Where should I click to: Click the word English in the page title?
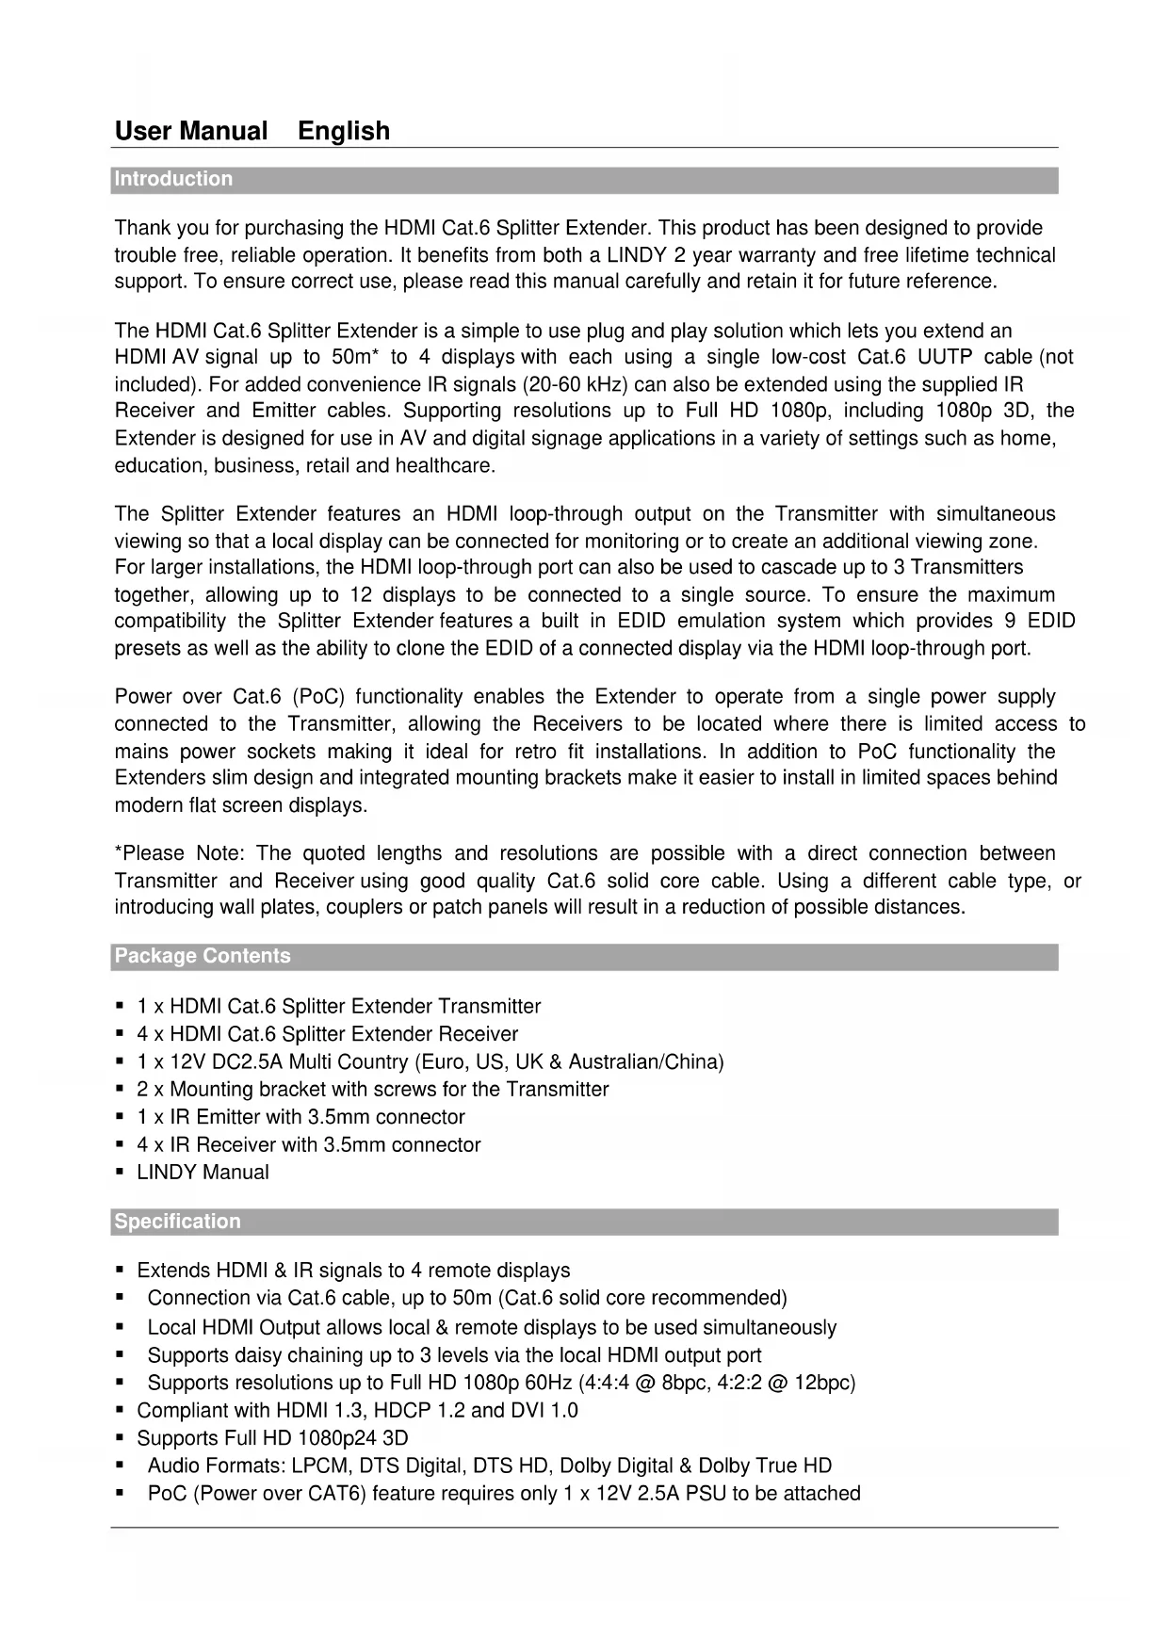tap(343, 131)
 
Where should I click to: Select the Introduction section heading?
tap(173, 179)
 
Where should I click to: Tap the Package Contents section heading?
tap(203, 956)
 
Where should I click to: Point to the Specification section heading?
tap(177, 1222)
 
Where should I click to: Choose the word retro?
tap(536, 752)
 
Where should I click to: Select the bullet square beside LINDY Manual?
tap(120, 1173)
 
